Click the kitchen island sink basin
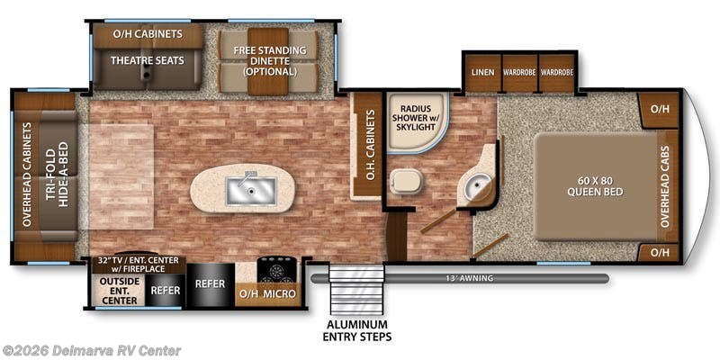click(x=251, y=191)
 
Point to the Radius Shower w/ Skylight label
click(x=415, y=118)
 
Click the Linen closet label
click(x=482, y=73)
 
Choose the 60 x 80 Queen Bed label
click(x=595, y=185)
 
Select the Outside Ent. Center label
click(x=119, y=290)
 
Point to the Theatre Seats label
click(x=148, y=60)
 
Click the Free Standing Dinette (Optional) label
click(x=269, y=60)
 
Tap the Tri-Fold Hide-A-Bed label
click(x=57, y=174)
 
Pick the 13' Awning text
click(x=475, y=278)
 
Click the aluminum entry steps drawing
click(x=356, y=290)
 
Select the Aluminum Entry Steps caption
click(x=356, y=330)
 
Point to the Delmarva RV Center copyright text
click(x=91, y=351)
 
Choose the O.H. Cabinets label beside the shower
click(x=372, y=144)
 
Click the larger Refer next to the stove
click(x=210, y=283)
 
